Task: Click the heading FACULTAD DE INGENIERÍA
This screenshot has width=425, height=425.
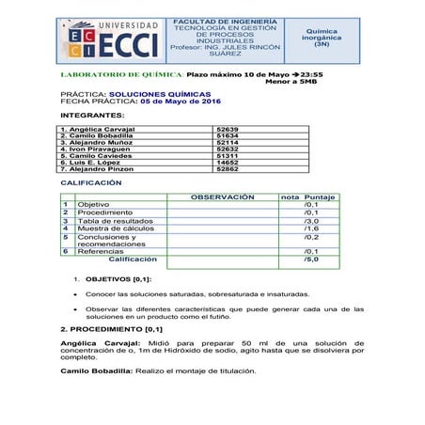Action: coord(225,20)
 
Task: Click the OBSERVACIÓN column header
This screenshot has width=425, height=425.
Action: coord(223,197)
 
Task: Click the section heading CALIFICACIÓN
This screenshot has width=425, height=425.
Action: coord(91,182)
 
